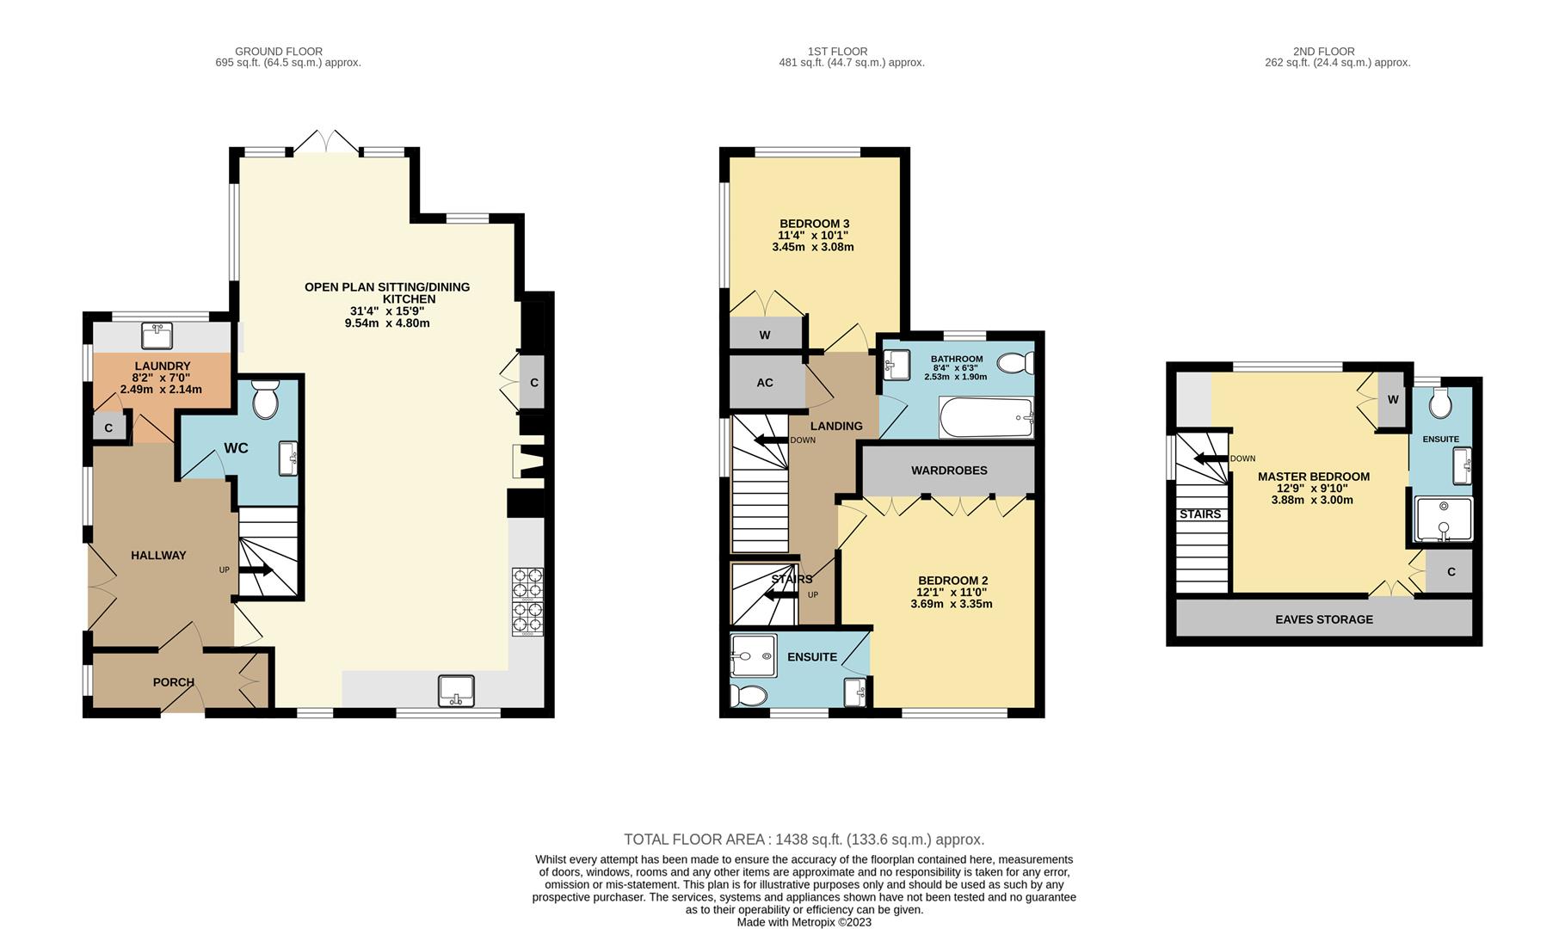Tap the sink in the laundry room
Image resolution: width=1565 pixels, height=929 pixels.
pos(158,334)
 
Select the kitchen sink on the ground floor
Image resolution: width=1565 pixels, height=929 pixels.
pos(456,691)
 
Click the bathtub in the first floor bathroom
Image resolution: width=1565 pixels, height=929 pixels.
pos(986,418)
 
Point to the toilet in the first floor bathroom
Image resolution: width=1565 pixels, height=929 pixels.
pos(1015,363)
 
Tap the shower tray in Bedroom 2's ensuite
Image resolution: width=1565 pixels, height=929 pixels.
pos(753,657)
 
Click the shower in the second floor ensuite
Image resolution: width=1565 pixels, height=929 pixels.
pos(1444,519)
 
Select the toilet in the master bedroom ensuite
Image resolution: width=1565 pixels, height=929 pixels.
pos(1440,401)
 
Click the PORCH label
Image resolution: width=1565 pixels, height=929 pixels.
pos(174,682)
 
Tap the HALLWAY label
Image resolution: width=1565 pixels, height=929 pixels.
pos(158,556)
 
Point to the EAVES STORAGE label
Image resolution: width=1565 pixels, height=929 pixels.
pos(1324,619)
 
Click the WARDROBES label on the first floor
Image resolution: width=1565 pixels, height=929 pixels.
pos(949,471)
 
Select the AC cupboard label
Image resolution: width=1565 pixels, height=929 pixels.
pos(765,383)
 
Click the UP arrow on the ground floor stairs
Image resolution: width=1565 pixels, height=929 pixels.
pos(256,570)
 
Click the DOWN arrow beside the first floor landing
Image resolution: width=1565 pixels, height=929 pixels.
pos(771,440)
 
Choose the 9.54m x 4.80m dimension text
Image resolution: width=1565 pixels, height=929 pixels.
pos(386,323)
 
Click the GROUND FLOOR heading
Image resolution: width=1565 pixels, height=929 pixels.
pos(279,52)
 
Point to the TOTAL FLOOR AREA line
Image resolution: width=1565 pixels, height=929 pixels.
pos(804,840)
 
